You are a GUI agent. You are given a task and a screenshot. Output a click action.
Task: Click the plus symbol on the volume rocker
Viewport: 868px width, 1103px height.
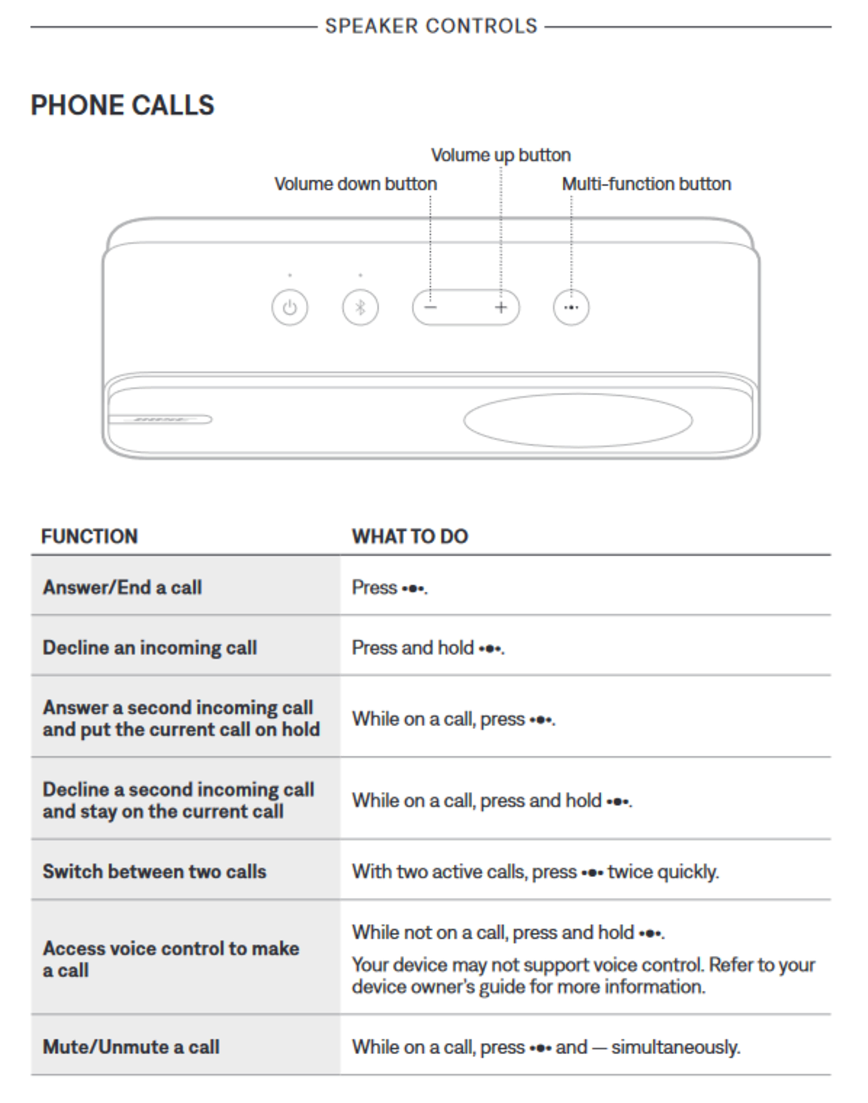501,307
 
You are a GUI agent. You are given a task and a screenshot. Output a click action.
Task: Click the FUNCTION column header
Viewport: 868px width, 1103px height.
90,537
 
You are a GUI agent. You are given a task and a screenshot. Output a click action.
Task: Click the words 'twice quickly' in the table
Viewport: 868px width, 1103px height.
663,872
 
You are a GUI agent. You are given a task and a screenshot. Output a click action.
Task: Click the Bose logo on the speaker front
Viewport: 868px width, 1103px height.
160,420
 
